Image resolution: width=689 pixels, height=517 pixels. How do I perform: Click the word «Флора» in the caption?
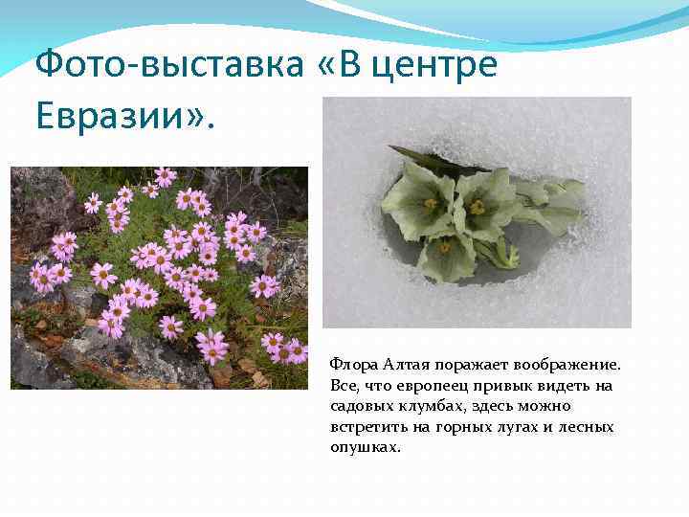point(351,365)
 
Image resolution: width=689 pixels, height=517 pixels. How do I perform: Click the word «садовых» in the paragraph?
point(359,406)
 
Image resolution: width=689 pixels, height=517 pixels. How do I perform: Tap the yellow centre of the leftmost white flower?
point(431,203)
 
